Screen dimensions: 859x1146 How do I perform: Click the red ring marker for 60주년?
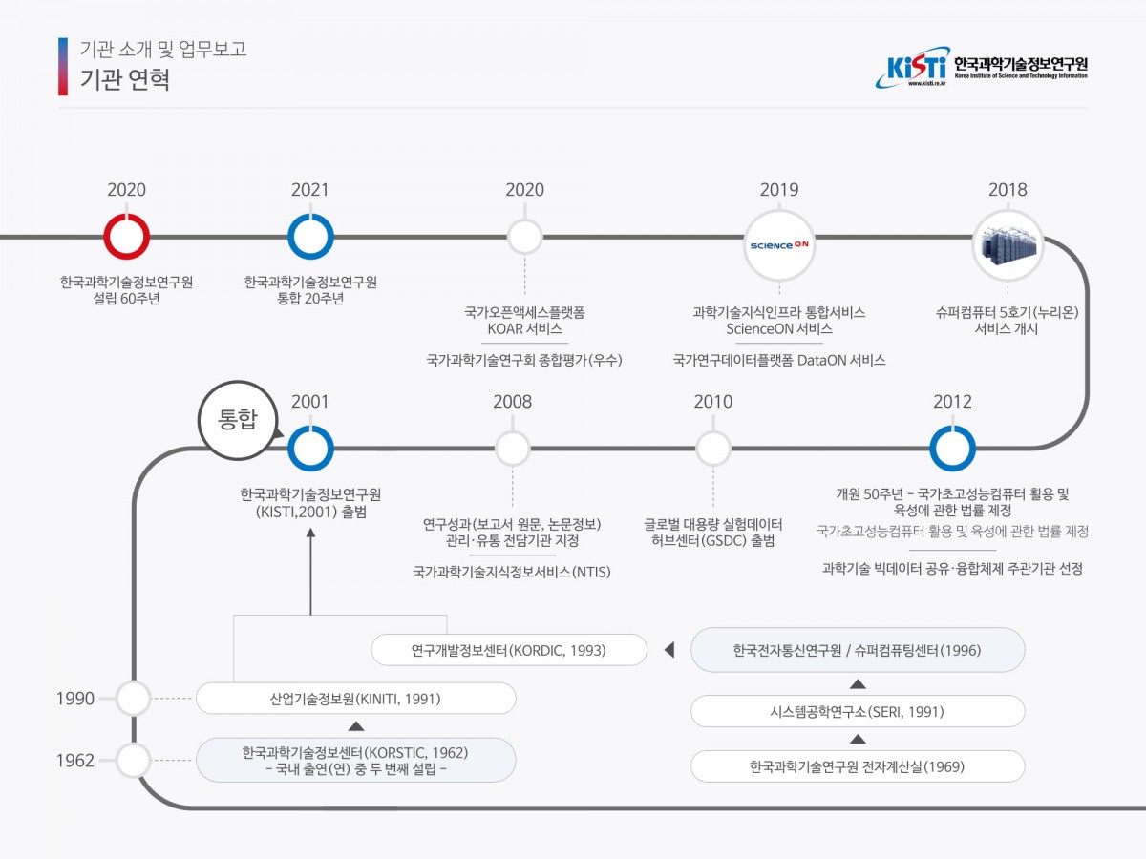[x=127, y=236]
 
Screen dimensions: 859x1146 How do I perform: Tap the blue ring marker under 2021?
[x=310, y=236]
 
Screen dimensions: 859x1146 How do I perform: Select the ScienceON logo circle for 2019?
[x=778, y=243]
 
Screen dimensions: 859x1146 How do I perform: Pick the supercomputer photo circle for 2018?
[x=1008, y=243]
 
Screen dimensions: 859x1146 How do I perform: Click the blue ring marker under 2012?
[x=953, y=449]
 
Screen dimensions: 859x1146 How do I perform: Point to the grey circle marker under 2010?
[x=713, y=449]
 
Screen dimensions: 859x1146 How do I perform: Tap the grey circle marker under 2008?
[x=513, y=449]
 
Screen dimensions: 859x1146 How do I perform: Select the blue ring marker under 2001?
[x=310, y=449]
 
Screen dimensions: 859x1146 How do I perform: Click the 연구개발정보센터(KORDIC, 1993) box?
[x=509, y=650]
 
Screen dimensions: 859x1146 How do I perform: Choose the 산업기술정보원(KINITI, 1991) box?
[x=355, y=699]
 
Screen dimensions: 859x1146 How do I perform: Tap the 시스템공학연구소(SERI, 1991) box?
[x=857, y=711]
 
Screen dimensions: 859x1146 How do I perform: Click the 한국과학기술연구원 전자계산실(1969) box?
[x=857, y=765]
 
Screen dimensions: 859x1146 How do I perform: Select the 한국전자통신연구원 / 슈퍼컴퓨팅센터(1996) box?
[x=857, y=650]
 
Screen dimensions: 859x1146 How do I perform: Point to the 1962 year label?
[x=76, y=761]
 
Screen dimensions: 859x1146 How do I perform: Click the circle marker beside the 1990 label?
[x=133, y=699]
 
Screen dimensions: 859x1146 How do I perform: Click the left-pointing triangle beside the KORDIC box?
[x=668, y=651]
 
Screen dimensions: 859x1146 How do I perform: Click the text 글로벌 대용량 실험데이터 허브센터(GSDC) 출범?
[x=713, y=533]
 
